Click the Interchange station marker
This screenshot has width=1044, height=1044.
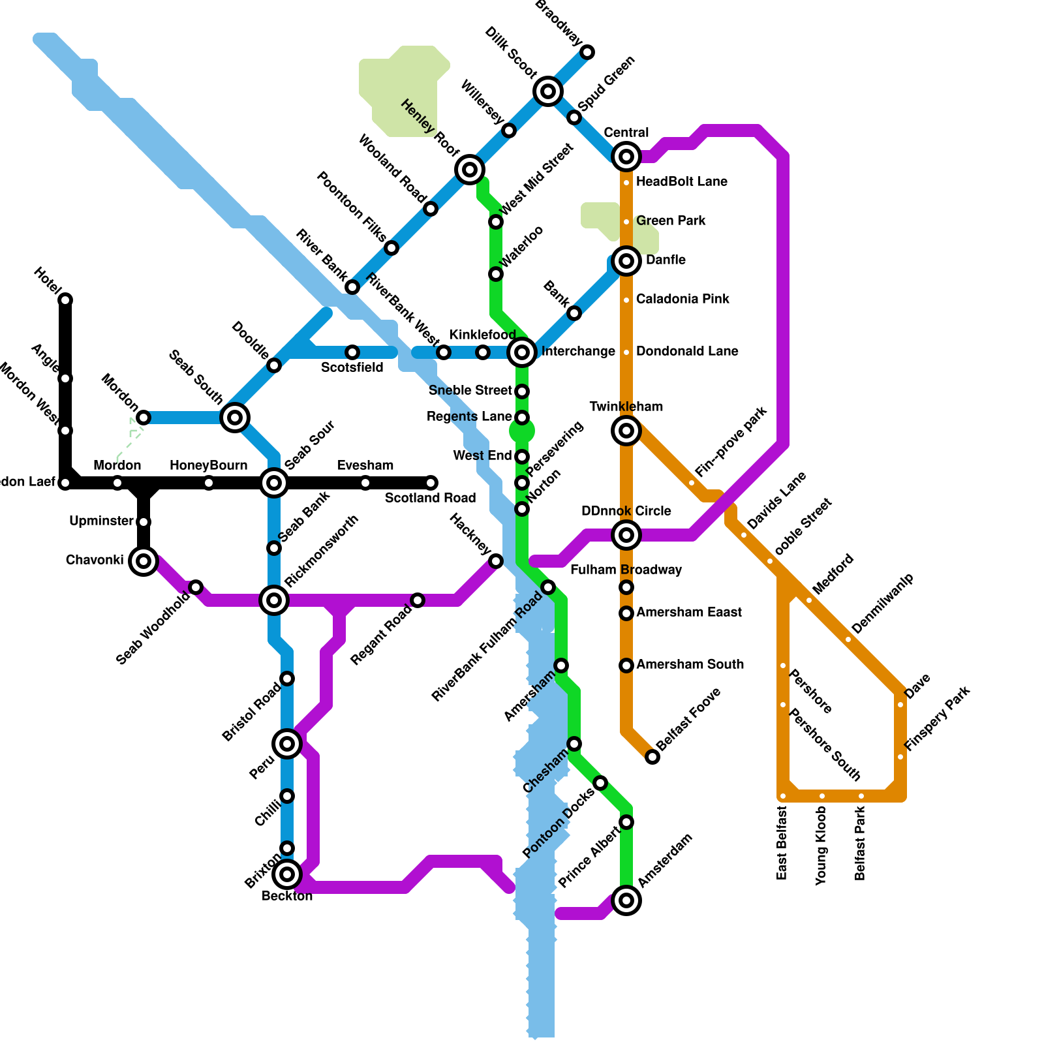click(522, 352)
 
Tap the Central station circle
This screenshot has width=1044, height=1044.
click(626, 157)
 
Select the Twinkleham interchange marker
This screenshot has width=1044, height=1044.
click(626, 431)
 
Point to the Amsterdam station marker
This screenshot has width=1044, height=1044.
click(626, 900)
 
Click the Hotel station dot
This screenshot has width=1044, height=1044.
click(65, 300)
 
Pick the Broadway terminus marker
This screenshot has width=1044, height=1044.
click(587, 52)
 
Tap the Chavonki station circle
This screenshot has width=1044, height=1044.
click(144, 561)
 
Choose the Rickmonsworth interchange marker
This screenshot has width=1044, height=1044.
click(274, 600)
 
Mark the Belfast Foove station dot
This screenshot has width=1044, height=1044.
click(652, 757)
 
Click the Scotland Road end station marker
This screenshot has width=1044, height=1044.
click(431, 483)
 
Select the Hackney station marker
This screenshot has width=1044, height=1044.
click(496, 561)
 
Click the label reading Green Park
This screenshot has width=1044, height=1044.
click(671, 221)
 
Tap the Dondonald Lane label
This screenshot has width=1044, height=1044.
click(687, 351)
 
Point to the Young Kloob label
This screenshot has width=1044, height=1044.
click(821, 845)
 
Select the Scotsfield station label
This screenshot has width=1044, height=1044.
click(352, 368)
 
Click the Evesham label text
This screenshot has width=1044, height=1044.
click(365, 465)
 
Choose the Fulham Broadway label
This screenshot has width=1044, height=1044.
click(626, 570)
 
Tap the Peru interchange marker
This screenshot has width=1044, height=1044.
click(287, 744)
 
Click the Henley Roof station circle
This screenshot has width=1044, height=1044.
click(470, 170)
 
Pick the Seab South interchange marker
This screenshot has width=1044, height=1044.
click(235, 418)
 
